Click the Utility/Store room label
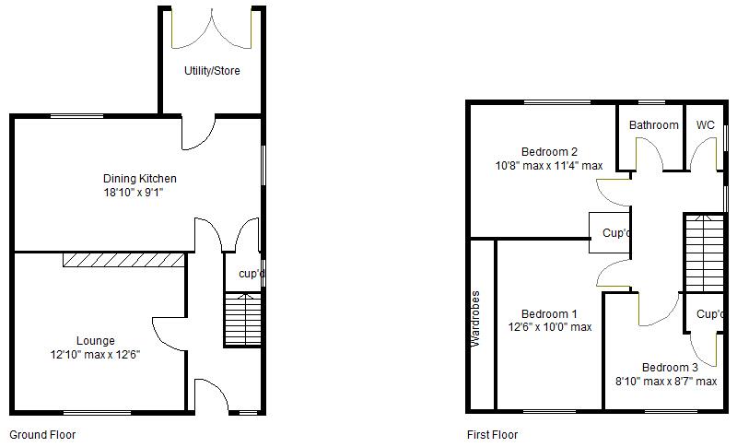[212, 71]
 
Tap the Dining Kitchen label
[139, 178]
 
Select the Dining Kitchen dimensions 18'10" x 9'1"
[139, 194]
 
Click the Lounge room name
[95, 341]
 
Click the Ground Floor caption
[42, 435]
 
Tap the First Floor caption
[492, 435]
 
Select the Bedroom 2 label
[549, 152]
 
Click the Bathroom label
[654, 125]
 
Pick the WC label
[705, 125]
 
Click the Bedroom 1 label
[549, 313]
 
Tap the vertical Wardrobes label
[476, 318]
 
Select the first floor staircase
[703, 252]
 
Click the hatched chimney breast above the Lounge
[124, 260]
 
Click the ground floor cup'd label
[252, 274]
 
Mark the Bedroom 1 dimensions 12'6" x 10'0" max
[549, 327]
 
